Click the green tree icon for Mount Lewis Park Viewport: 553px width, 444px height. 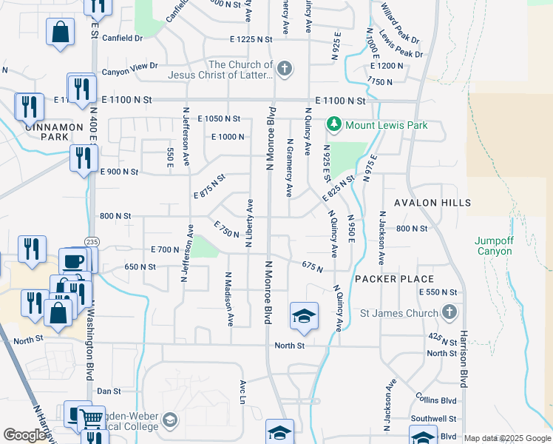coord(334,124)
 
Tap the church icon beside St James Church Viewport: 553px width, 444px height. coord(449,313)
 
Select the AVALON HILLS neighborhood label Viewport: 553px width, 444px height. coord(432,203)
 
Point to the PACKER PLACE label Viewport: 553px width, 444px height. coord(394,279)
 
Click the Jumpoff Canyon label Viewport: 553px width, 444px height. coord(493,246)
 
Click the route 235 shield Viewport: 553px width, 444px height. coord(92,242)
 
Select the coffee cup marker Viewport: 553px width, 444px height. coord(72,261)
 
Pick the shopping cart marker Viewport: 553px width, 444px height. coord(90,418)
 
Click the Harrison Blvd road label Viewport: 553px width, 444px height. coord(464,360)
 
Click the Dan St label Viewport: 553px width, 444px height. coord(109,391)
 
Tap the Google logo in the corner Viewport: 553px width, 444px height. coord(24,435)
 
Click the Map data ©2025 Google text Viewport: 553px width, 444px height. coord(507,438)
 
